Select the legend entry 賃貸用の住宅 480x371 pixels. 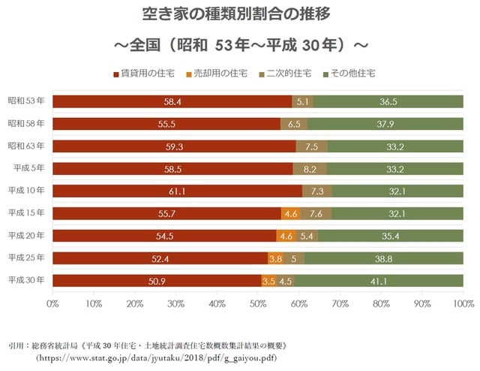tap(147, 74)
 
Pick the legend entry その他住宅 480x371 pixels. tap(348, 74)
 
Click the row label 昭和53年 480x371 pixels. tap(26, 101)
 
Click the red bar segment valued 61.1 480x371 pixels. tap(177, 191)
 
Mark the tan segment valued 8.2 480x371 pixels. tap(310, 168)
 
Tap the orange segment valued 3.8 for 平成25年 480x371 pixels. tap(275, 258)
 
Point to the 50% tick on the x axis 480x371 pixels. tap(258, 304)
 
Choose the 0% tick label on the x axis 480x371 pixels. tap(52, 304)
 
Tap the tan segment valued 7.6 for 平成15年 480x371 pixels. tap(316, 213)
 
